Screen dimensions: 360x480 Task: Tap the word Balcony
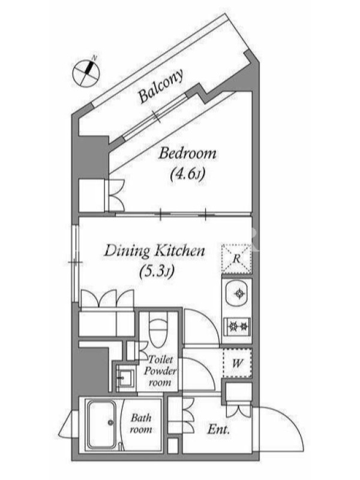pos(161,85)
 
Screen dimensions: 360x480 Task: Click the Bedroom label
pos(187,153)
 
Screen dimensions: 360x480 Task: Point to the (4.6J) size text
pos(187,175)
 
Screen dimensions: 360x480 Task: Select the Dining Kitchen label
pos(155,251)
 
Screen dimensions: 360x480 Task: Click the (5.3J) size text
pos(157,272)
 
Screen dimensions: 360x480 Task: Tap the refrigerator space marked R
pos(236,259)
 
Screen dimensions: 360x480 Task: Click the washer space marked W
pos(237,364)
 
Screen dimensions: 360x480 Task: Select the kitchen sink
pos(238,294)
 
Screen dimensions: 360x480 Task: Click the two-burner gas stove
pos(238,326)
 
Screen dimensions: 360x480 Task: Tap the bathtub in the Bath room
pos(101,425)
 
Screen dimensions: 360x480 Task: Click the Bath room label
pos(141,424)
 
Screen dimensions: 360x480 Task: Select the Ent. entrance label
pos(218,430)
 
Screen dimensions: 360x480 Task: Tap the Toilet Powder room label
pos(160,371)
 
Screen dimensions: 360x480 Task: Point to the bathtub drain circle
pos(110,423)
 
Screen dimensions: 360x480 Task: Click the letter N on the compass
pos(95,58)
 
